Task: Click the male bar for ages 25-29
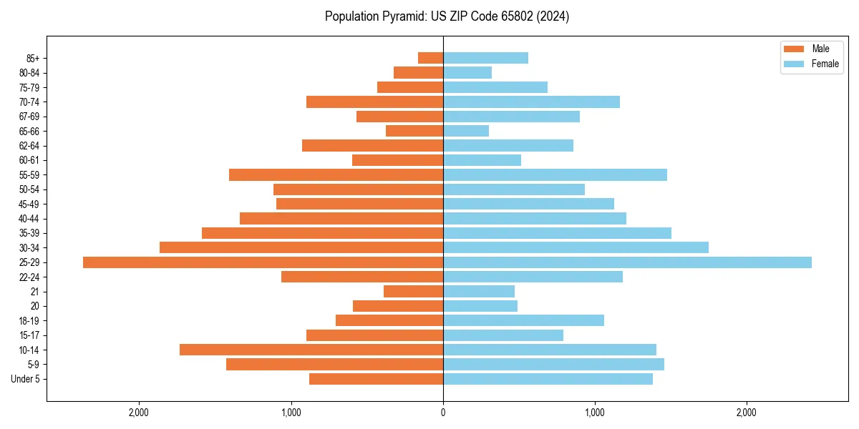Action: pyautogui.click(x=263, y=262)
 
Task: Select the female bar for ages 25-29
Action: pyautogui.click(x=627, y=262)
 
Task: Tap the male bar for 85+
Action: pyautogui.click(x=430, y=58)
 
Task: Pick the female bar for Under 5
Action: pyautogui.click(x=548, y=379)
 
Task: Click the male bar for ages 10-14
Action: pyautogui.click(x=311, y=350)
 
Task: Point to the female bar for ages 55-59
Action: pyautogui.click(x=555, y=175)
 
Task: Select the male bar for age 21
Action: pyautogui.click(x=413, y=292)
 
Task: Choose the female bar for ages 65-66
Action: pyautogui.click(x=466, y=131)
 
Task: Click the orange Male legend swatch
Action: pyautogui.click(x=794, y=49)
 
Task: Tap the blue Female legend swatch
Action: pyautogui.click(x=794, y=64)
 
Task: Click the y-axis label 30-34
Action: pyautogui.click(x=29, y=248)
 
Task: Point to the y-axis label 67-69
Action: pyautogui.click(x=29, y=117)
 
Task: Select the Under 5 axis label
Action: pyautogui.click(x=26, y=379)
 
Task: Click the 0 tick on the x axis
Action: pyautogui.click(x=443, y=413)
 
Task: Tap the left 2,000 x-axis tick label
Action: pyautogui.click(x=138, y=413)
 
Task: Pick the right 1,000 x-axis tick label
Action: pyautogui.click(x=595, y=413)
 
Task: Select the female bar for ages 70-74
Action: pyautogui.click(x=531, y=102)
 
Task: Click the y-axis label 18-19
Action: pyautogui.click(x=29, y=321)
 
